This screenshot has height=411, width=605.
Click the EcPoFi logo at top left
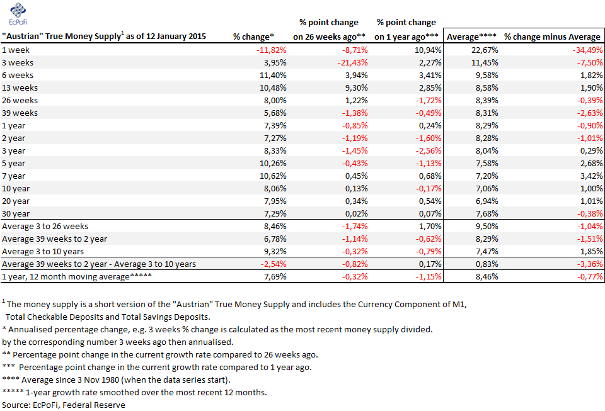(x=18, y=14)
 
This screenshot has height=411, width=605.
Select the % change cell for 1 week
(x=271, y=50)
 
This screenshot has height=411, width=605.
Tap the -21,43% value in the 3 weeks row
(x=353, y=63)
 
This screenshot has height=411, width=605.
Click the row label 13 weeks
(x=20, y=88)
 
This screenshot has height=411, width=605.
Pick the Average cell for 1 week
(x=485, y=50)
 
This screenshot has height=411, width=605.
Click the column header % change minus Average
(x=552, y=37)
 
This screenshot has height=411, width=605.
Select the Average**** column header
(x=471, y=37)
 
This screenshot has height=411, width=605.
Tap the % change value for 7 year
(x=273, y=176)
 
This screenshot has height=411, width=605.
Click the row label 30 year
(x=16, y=214)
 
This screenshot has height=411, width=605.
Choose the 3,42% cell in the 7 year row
(x=592, y=176)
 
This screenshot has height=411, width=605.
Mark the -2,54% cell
(x=274, y=264)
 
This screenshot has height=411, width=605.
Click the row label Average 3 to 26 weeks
(x=45, y=227)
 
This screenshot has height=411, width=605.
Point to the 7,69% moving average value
(x=275, y=277)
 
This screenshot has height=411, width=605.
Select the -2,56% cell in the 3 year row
(x=429, y=151)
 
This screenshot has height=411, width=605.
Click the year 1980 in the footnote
(x=109, y=380)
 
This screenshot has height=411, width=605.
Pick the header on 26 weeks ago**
(x=329, y=37)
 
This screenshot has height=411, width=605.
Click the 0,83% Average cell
(x=487, y=264)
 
